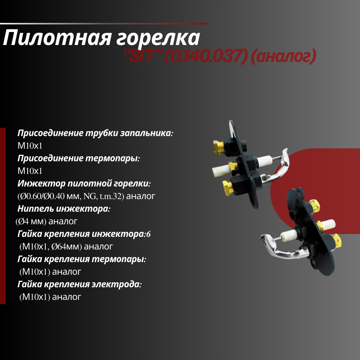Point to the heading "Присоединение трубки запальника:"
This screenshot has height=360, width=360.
click(x=95, y=133)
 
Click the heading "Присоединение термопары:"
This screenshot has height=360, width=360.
click(x=78, y=158)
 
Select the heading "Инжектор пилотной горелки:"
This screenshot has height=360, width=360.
click(x=84, y=184)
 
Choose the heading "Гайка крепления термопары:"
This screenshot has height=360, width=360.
click(x=82, y=259)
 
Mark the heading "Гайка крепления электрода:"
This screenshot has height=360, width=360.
click(x=80, y=284)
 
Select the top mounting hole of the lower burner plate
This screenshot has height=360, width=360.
click(x=300, y=194)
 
